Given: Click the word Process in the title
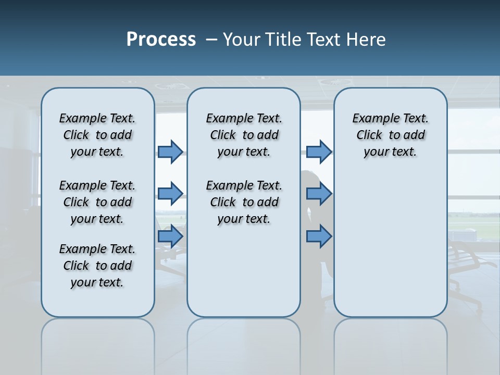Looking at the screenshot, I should [161, 40].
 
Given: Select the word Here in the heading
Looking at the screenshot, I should [367, 40].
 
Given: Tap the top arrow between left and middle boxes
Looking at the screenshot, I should [170, 152].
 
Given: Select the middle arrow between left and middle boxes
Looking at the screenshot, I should [170, 194].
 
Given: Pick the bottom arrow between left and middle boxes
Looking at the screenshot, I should [170, 236].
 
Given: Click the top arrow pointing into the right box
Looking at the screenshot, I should [319, 152].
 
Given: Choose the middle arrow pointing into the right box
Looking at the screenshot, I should [319, 194].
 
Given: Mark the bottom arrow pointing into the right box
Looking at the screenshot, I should [319, 236].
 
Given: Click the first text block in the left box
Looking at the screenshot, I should [97, 135].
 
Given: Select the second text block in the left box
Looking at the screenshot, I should [97, 202].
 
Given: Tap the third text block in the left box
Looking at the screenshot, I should [97, 266].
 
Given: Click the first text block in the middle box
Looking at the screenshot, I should [244, 135].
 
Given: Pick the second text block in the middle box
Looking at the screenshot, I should [244, 202].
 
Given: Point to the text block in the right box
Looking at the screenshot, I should [391, 135].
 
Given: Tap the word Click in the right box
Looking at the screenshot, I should [369, 135].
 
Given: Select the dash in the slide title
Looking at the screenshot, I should [211, 40].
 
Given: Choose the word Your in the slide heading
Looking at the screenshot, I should [242, 40].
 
